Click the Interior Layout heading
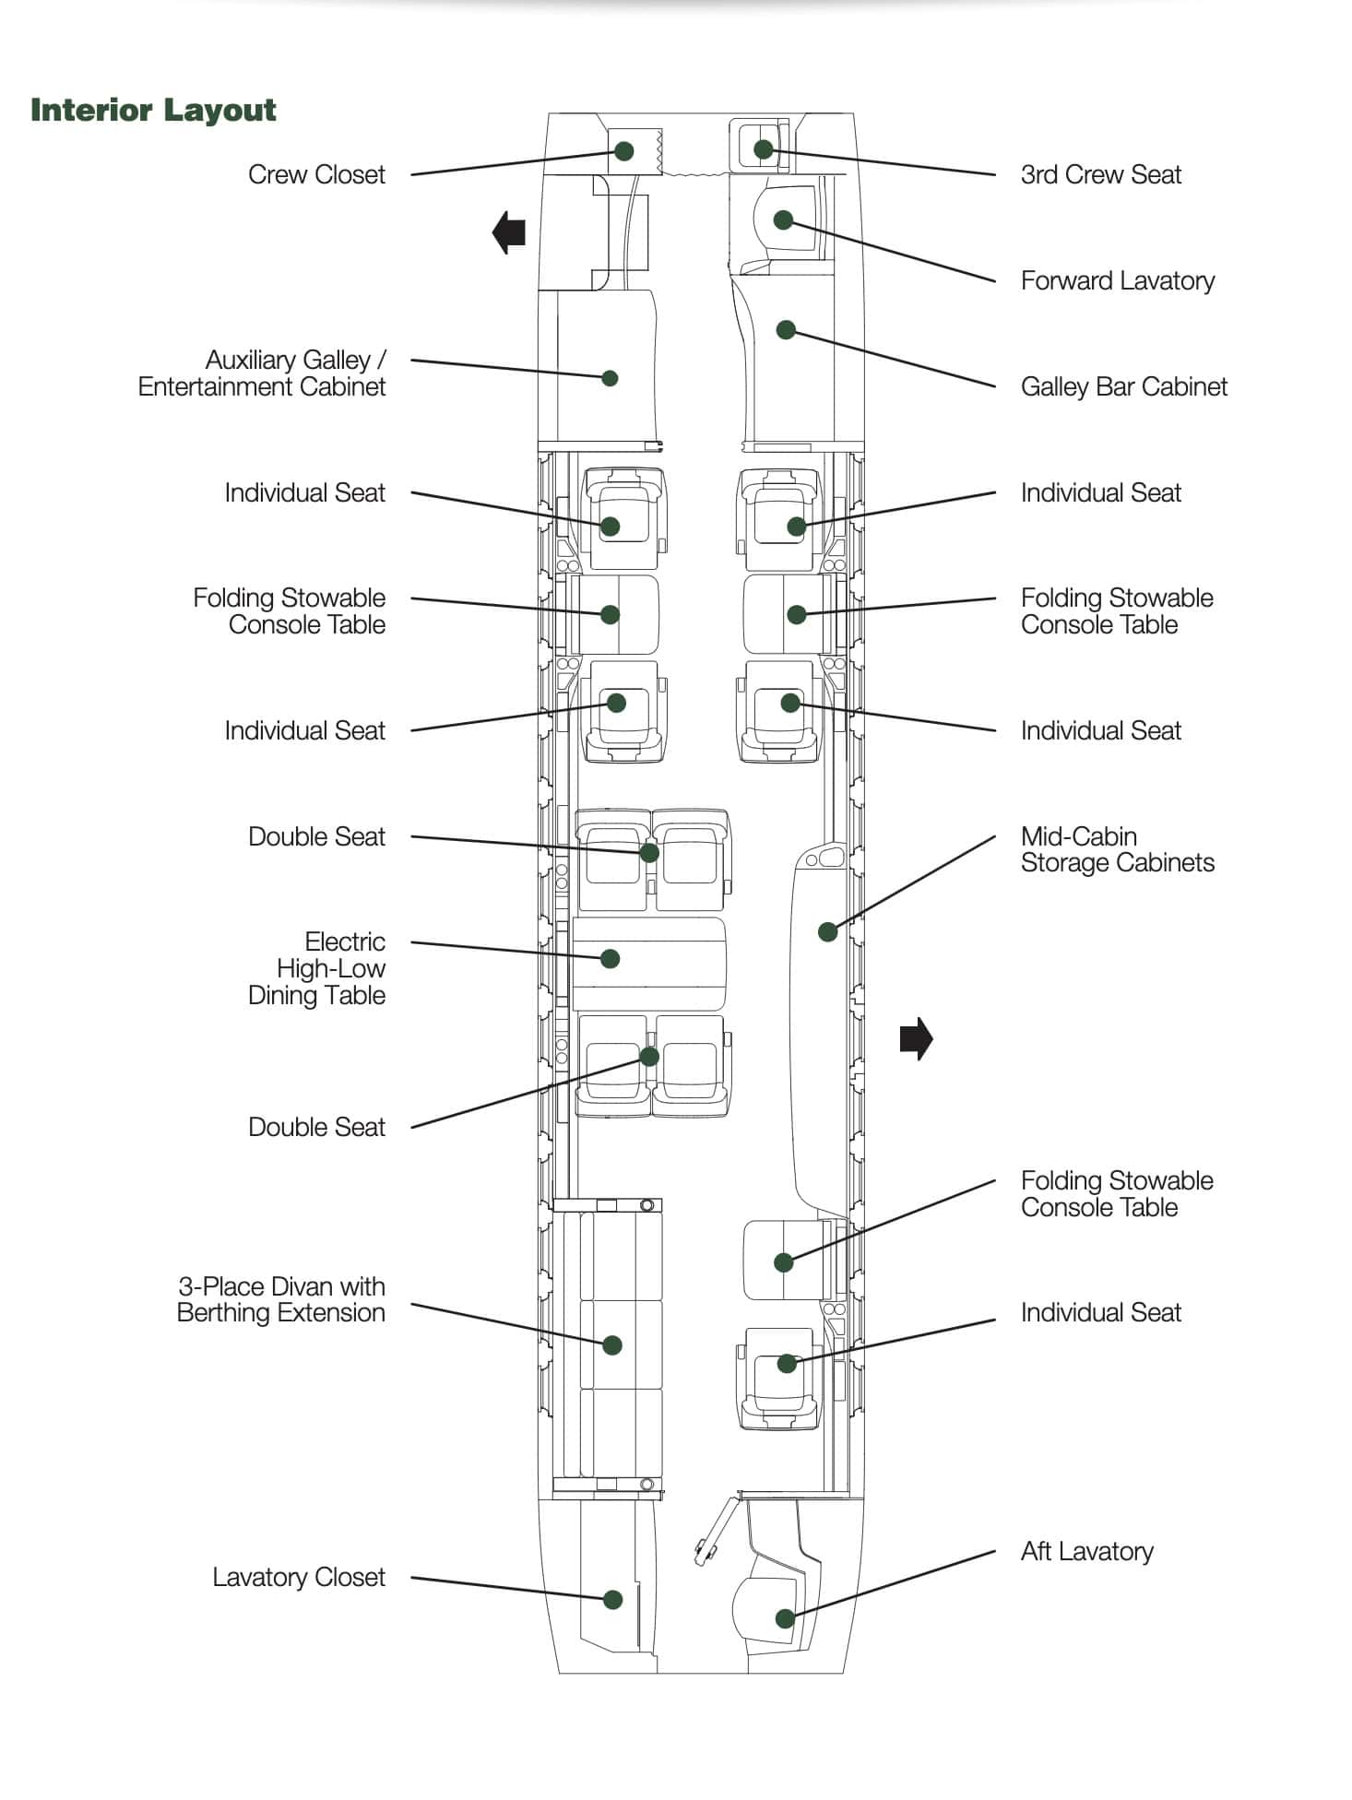coord(153,110)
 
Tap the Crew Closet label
coord(316,174)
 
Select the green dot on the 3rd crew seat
coord(763,149)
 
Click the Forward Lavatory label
coord(1117,280)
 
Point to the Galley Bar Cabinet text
coord(1123,386)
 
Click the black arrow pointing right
coord(916,1039)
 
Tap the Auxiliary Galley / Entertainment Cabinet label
coord(262,373)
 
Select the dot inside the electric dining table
coord(610,959)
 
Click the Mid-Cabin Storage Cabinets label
coord(1117,849)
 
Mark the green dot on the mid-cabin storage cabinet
coord(828,931)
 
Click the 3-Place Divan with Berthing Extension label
coord(281,1299)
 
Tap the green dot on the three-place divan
coord(612,1345)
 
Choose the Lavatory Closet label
coord(298,1577)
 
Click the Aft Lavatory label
coord(1086,1551)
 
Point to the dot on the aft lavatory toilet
coord(785,1618)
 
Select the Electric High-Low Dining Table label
coord(316,968)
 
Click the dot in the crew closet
coord(624,151)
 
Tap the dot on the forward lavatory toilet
coord(783,219)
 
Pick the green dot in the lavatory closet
coord(612,1600)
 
